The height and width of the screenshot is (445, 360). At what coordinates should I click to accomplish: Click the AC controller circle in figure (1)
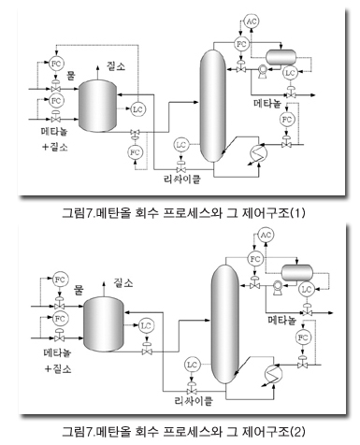(x=251, y=20)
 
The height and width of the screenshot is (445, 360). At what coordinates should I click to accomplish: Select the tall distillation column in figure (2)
(x=222, y=318)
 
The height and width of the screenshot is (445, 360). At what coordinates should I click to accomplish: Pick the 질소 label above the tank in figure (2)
(x=122, y=280)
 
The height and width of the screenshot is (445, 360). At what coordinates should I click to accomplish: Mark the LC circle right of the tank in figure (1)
(x=138, y=108)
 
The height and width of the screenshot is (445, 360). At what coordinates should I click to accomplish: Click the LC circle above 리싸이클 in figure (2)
(x=192, y=363)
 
